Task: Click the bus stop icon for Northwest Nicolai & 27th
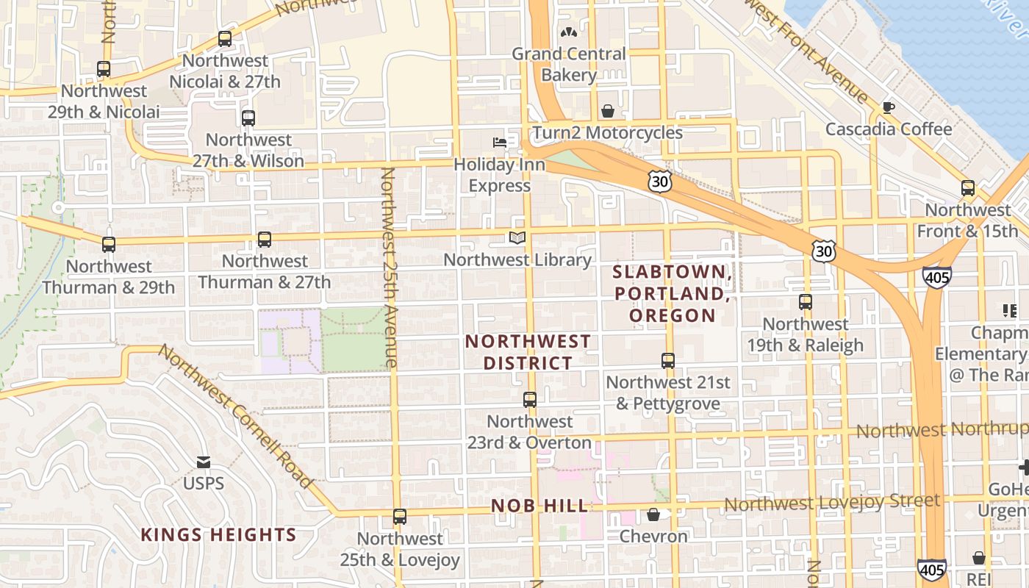pyautogui.click(x=225, y=39)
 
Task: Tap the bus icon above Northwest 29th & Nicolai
pyautogui.click(x=104, y=69)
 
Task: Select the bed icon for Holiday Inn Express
pyautogui.click(x=500, y=142)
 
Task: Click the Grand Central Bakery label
pyautogui.click(x=569, y=64)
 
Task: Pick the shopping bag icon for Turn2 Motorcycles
pyautogui.click(x=608, y=111)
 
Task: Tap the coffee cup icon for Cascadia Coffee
pyautogui.click(x=888, y=108)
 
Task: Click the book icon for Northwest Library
pyautogui.click(x=517, y=237)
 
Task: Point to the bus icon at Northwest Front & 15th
pyautogui.click(x=968, y=188)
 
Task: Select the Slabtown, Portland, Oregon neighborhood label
pyautogui.click(x=672, y=293)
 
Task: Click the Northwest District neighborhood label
pyautogui.click(x=528, y=352)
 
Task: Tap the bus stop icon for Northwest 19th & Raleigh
pyautogui.click(x=806, y=302)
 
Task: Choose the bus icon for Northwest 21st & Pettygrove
pyautogui.click(x=668, y=361)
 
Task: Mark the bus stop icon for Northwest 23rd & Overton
pyautogui.click(x=530, y=400)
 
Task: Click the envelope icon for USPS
pyautogui.click(x=204, y=462)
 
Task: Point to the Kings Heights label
pyautogui.click(x=218, y=534)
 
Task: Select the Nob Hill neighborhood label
pyautogui.click(x=540, y=506)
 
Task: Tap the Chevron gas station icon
pyautogui.click(x=653, y=514)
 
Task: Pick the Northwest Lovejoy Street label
pyautogui.click(x=832, y=503)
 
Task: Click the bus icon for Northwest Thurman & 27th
pyautogui.click(x=265, y=240)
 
